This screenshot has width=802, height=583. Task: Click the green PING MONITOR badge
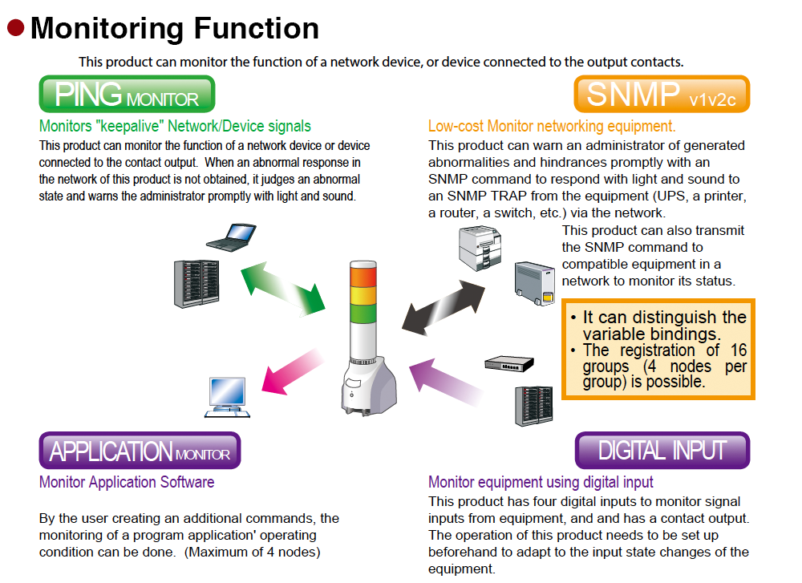127,95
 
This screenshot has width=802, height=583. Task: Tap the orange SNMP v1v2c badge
662,95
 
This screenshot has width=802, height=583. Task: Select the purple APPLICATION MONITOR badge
140,451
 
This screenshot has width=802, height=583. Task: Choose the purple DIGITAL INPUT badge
662,451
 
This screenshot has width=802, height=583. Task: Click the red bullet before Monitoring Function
16,28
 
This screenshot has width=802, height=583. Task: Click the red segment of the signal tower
363,275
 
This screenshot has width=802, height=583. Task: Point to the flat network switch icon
508,362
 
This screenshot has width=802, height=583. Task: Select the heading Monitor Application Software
127,482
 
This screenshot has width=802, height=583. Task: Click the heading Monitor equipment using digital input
541,482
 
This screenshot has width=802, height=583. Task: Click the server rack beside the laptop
196,283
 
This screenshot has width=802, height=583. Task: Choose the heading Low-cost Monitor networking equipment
552,126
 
